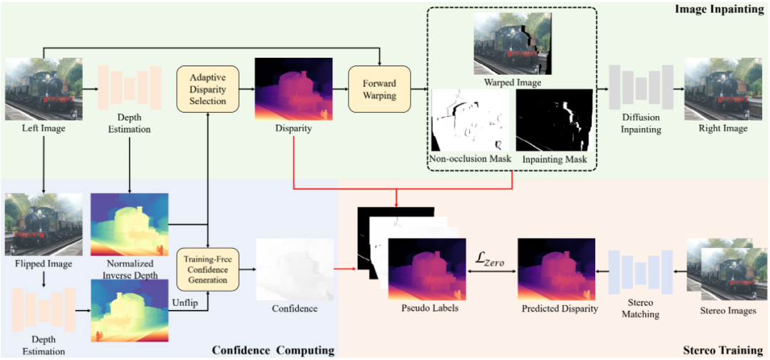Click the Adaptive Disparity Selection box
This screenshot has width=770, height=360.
coord(208,88)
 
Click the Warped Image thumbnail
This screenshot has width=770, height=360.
coord(512,49)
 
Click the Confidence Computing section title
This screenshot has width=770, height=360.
coord(273,350)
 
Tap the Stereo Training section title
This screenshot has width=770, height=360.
coord(722,350)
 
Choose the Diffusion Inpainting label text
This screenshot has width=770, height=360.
coord(640,124)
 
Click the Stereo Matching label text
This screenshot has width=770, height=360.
coord(640,309)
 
